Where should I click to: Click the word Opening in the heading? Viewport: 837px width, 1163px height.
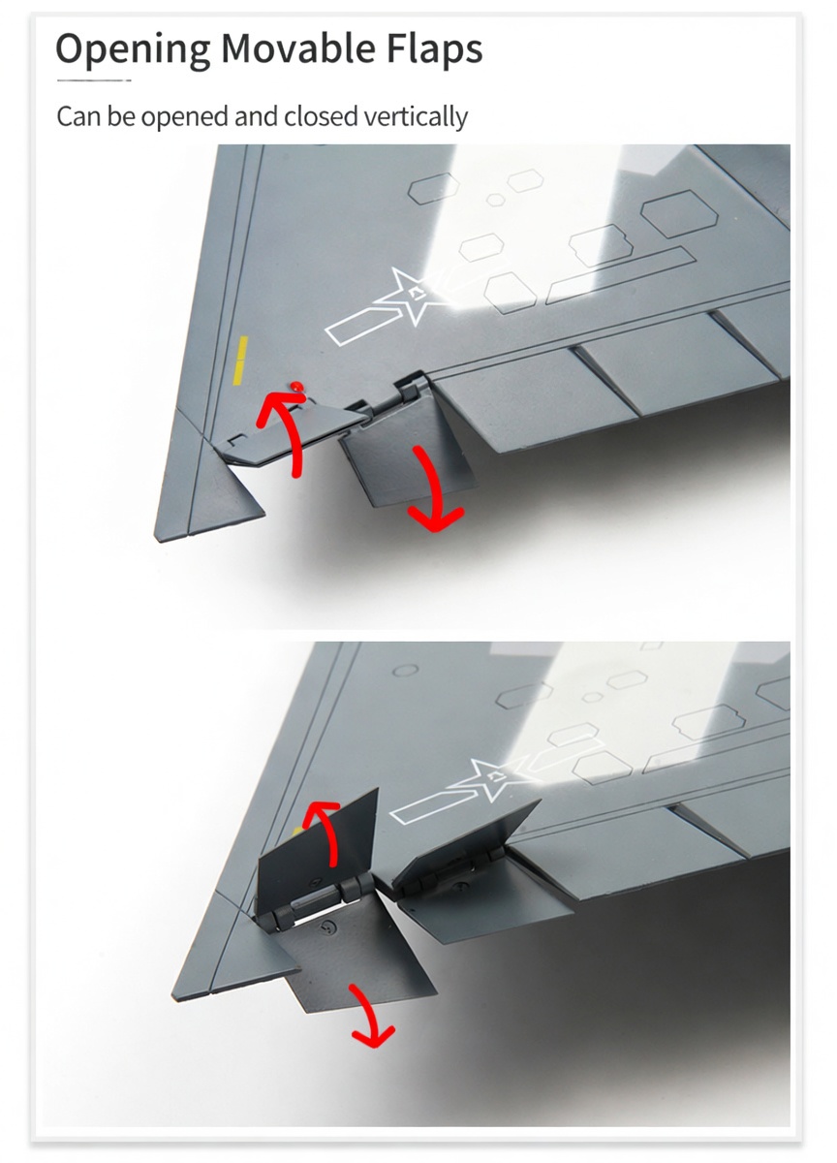click(133, 49)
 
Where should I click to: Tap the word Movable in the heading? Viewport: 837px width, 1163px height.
click(297, 47)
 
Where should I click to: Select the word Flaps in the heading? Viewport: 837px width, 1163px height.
click(434, 49)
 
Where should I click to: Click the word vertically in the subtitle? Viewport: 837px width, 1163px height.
click(416, 117)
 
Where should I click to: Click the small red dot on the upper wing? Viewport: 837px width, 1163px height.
click(296, 386)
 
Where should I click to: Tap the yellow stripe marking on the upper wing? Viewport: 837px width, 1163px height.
click(241, 361)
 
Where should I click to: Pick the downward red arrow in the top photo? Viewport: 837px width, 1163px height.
click(435, 493)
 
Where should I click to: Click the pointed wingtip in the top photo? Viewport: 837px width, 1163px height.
click(156, 540)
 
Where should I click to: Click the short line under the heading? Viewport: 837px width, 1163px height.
click(94, 80)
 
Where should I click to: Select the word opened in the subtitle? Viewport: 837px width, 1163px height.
click(185, 118)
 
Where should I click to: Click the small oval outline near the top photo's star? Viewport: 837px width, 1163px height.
click(496, 200)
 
